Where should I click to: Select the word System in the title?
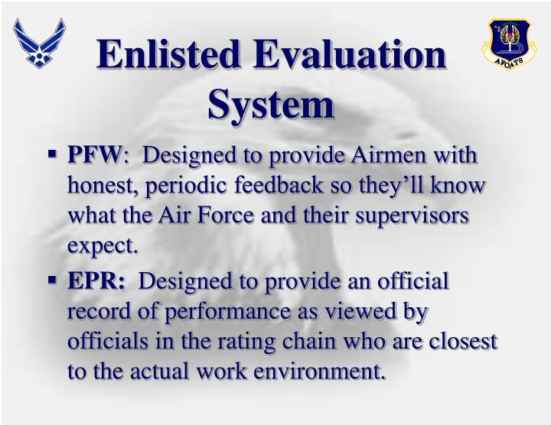[272, 104]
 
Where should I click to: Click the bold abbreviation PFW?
[96, 156]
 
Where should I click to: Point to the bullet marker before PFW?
[53, 155]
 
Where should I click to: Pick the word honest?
[104, 186]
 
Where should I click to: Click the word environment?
[322, 372]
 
